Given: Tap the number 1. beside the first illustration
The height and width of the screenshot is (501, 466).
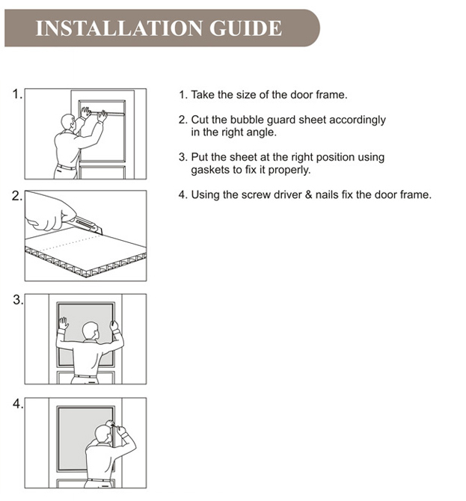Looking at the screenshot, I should [17, 94].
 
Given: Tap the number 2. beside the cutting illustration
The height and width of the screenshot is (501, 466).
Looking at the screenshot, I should [17, 197].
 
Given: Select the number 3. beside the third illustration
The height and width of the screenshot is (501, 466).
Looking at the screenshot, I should [17, 300].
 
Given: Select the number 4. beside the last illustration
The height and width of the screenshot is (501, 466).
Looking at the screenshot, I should [17, 404].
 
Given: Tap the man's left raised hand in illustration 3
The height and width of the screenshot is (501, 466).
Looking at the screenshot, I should [64, 324].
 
